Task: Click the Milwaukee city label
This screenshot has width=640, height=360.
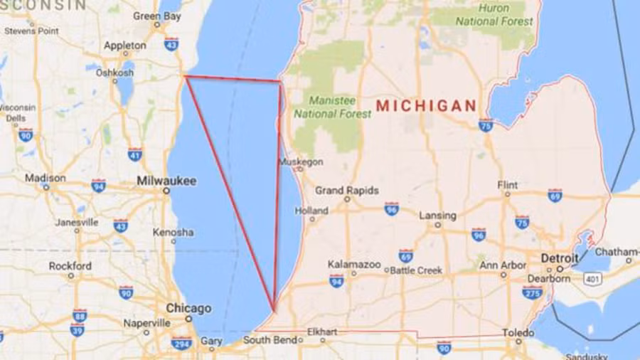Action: (x=166, y=181)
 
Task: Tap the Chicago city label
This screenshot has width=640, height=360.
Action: (x=188, y=308)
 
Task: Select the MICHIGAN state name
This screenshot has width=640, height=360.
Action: (x=426, y=106)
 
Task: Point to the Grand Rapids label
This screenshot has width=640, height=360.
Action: (x=347, y=191)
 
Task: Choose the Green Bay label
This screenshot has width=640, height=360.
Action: (x=157, y=16)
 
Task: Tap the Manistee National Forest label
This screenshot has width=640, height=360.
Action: (x=333, y=107)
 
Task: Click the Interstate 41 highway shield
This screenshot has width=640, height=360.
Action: (x=135, y=154)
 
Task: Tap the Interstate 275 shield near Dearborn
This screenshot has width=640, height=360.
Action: (x=533, y=292)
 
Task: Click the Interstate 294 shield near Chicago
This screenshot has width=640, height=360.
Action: (x=181, y=343)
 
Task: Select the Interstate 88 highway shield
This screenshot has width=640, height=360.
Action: (x=80, y=315)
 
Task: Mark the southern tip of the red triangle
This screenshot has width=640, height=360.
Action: (x=274, y=310)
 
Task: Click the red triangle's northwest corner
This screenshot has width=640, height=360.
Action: (x=185, y=76)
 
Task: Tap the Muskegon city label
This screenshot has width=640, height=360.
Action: (x=301, y=162)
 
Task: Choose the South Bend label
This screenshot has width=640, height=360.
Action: (x=270, y=340)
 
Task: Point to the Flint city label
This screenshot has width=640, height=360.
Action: (x=508, y=185)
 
